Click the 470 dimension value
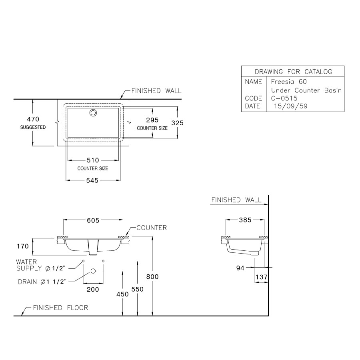point(33,119)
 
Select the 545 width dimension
point(92,180)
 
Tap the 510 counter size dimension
point(92,160)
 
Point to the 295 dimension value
point(152,120)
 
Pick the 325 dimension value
point(177,123)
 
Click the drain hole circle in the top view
point(93,113)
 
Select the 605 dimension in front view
point(93,220)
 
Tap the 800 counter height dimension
point(153,276)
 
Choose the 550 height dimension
point(138,289)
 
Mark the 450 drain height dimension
point(122,294)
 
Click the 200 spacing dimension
point(93,289)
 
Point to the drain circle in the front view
point(93,271)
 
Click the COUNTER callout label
point(151,228)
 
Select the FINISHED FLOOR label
point(60,308)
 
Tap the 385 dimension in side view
point(245,220)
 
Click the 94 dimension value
point(240,268)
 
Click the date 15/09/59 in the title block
point(288,106)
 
